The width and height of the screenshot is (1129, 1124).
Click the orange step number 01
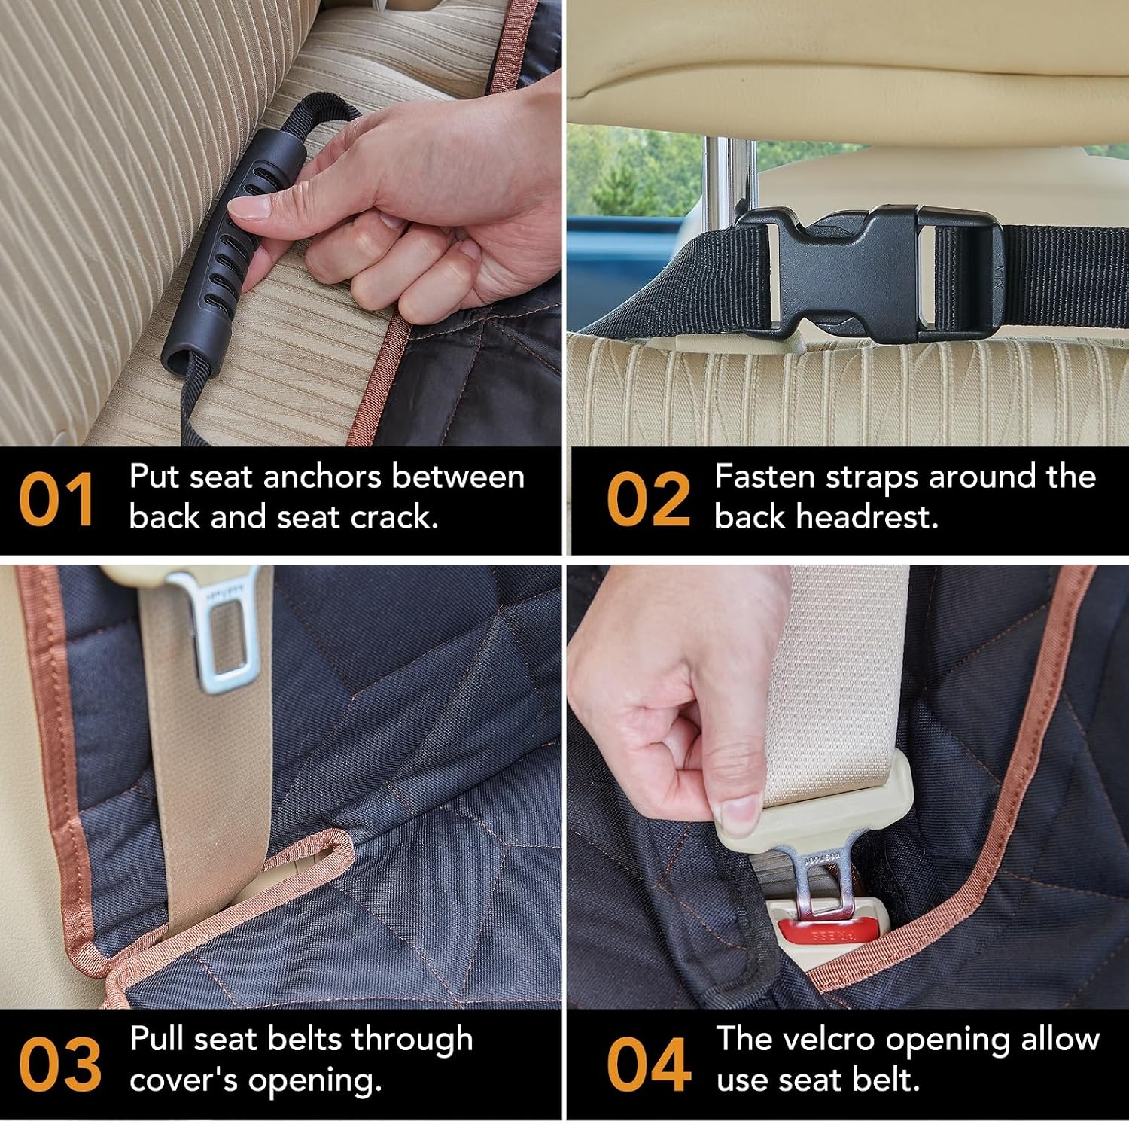56,499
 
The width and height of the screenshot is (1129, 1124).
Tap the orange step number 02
648,499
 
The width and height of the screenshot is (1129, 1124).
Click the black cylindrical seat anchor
233,252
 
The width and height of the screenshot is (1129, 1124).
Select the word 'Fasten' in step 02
765,477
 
